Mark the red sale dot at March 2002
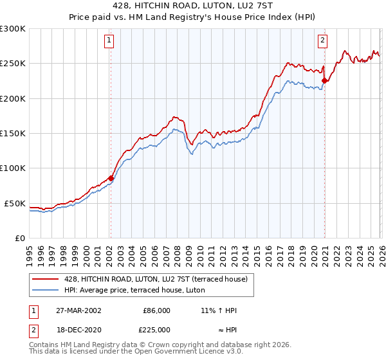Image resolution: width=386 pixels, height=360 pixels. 111,178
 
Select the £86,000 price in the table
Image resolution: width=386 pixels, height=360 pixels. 156,310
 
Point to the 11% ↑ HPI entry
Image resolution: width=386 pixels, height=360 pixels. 219,310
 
